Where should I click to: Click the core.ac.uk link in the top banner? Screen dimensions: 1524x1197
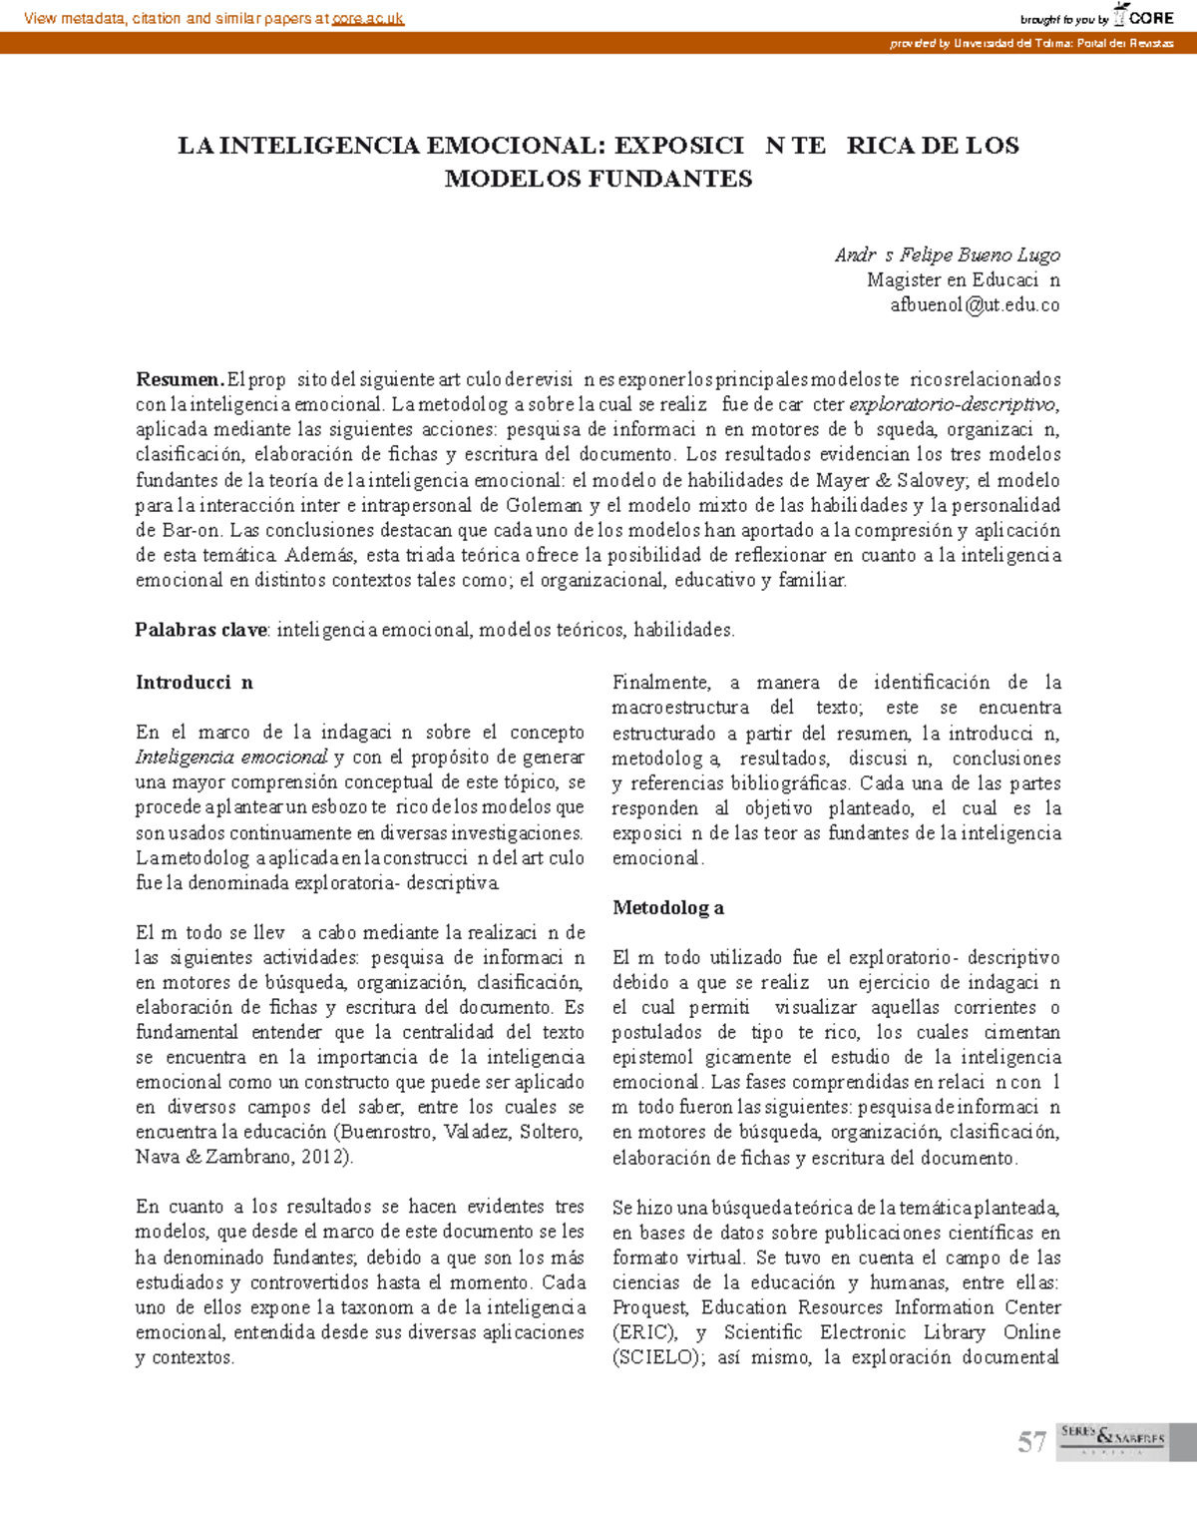click(x=367, y=18)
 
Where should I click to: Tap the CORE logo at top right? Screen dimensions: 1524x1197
click(x=1143, y=17)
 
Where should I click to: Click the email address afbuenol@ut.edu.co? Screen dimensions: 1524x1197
click(x=975, y=305)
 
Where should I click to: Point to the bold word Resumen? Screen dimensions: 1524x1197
click(x=180, y=379)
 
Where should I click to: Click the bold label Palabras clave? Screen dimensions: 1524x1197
click(x=200, y=630)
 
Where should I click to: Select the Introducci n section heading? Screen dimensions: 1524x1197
click(x=194, y=683)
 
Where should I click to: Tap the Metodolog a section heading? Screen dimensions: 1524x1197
click(x=667, y=907)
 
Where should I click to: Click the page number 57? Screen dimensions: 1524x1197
click(x=1031, y=1442)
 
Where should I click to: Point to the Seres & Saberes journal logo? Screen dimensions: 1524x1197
click(x=1112, y=1439)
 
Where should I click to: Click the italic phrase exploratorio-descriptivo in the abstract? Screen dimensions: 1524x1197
click(x=953, y=404)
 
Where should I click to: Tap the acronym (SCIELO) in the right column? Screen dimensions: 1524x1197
click(x=659, y=1357)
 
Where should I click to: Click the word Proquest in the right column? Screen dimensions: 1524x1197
click(x=649, y=1307)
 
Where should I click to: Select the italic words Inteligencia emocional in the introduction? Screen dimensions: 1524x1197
click(x=231, y=758)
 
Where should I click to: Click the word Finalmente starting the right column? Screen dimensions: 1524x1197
click(x=660, y=683)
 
